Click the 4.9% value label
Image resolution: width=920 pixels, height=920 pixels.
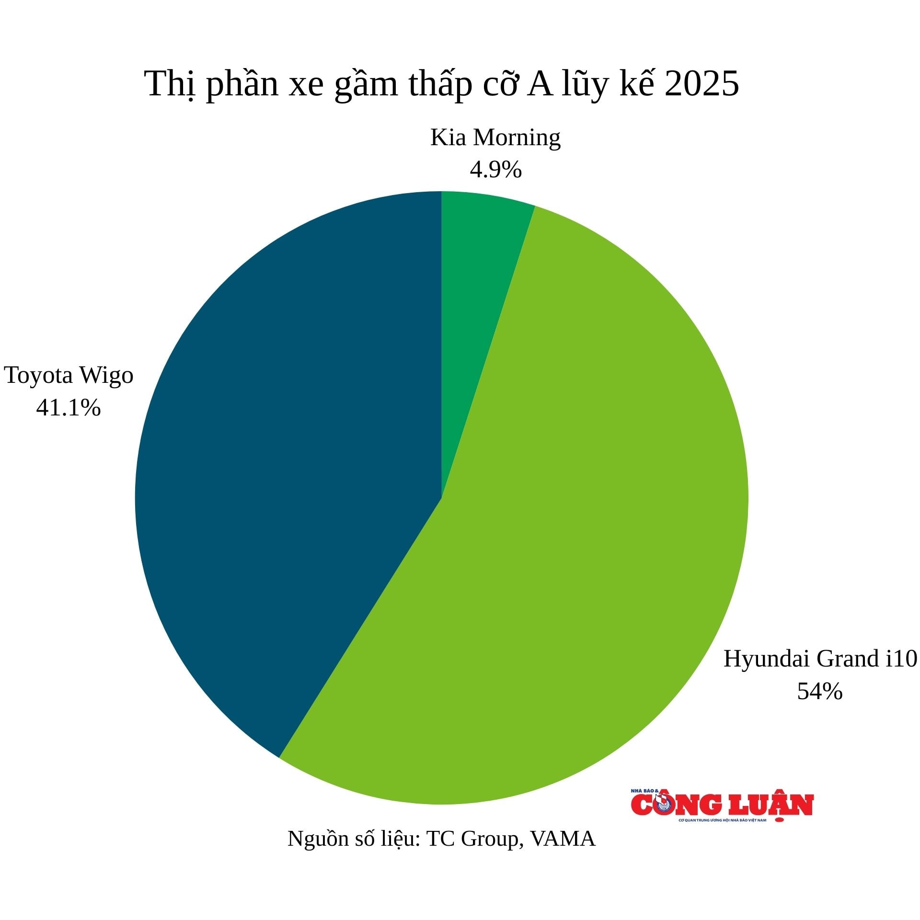495,170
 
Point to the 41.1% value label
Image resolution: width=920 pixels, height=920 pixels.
69,407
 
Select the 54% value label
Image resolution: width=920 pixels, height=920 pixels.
820,691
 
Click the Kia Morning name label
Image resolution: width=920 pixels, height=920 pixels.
495,138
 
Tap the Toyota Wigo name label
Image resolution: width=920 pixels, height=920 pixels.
69,375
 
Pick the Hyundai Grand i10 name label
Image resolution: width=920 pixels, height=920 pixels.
820,659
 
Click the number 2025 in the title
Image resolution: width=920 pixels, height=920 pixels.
702,84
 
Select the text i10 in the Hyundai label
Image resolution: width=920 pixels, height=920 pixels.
901,659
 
